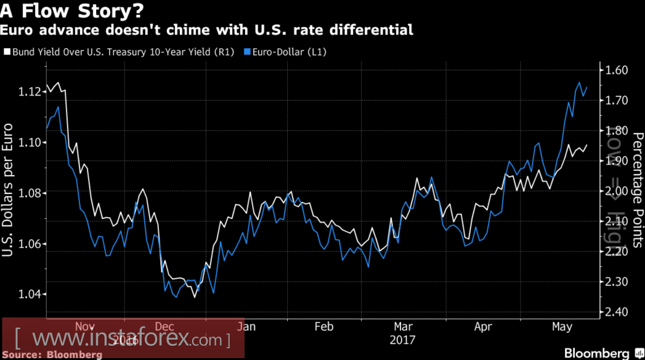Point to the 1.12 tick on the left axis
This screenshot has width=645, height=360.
(x=28, y=92)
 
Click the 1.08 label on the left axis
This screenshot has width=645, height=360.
(x=28, y=194)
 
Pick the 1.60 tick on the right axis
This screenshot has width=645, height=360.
(x=615, y=70)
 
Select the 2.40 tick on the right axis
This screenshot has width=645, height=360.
(x=615, y=312)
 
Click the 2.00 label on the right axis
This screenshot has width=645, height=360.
(x=615, y=191)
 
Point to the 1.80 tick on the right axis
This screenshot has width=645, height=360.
(x=615, y=131)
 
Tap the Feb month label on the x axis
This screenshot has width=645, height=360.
(x=324, y=326)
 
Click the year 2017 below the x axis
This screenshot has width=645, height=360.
(x=403, y=340)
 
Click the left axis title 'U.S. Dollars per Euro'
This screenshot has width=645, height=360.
(x=9, y=190)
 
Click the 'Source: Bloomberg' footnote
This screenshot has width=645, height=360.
(x=53, y=354)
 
